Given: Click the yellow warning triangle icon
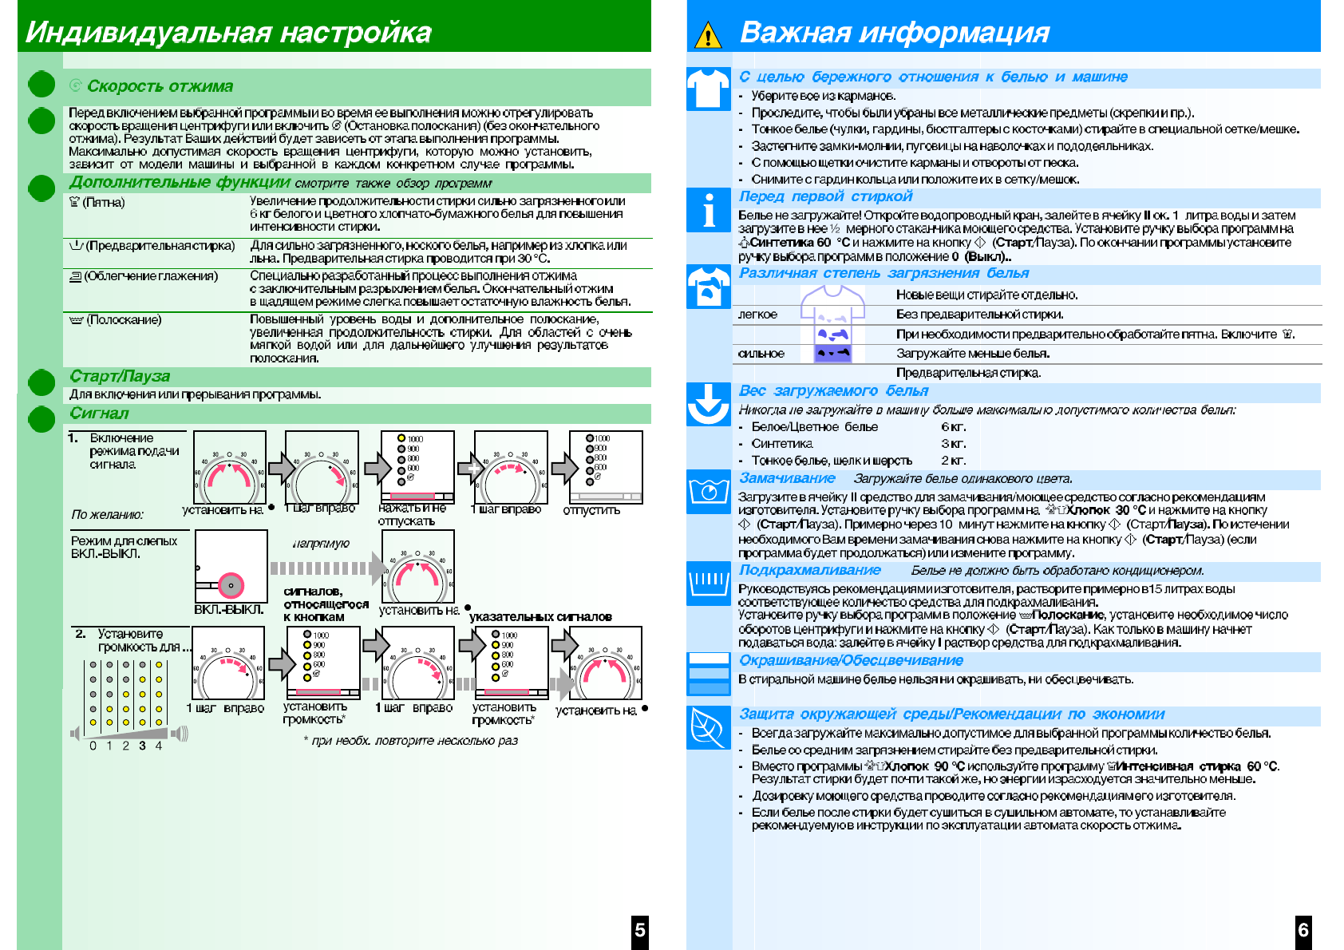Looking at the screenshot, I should click(x=708, y=36).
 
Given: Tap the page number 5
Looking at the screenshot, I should click(x=640, y=930).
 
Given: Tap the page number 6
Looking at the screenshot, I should click(x=1303, y=929).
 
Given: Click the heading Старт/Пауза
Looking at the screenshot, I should click(x=120, y=376).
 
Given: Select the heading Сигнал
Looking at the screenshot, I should click(x=99, y=413).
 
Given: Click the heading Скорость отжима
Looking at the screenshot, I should click(x=160, y=86).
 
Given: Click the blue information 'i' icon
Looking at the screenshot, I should click(x=708, y=211).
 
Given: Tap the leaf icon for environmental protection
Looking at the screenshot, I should click(x=708, y=727).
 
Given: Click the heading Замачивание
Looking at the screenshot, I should click(x=787, y=478).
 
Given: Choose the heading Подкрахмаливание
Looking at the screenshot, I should click(x=810, y=570).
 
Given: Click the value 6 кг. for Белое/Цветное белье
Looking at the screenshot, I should click(x=954, y=427).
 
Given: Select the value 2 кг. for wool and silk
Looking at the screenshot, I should click(x=954, y=461).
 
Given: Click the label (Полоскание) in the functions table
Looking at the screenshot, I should click(x=124, y=320).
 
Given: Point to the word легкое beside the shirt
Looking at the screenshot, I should click(x=757, y=315).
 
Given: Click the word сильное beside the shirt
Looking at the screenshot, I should click(x=761, y=354).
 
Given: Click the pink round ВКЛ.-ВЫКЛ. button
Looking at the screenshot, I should click(x=231, y=585).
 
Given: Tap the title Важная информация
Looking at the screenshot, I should click(x=894, y=33).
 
